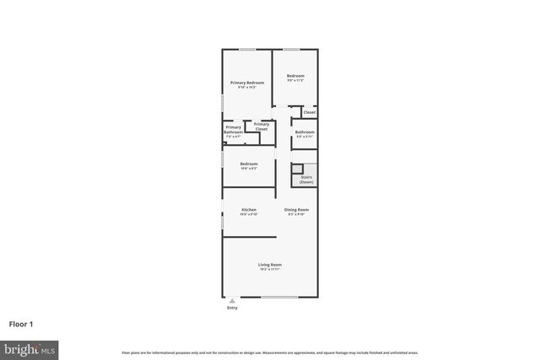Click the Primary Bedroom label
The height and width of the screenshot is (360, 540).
247,83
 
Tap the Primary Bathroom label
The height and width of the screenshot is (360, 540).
233,130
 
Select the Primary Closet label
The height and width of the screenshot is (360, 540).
262,127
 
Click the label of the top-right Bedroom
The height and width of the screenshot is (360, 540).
295,78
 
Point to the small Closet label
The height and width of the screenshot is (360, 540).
310,112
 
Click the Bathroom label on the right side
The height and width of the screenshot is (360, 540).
305,133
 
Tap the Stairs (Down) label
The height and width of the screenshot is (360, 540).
306,180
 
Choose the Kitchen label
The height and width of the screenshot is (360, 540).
249,211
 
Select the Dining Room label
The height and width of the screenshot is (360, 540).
296,211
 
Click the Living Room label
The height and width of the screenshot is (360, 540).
269,266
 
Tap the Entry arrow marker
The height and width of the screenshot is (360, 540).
232,301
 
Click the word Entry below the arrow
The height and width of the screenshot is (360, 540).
232,308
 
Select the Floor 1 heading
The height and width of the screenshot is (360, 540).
22,323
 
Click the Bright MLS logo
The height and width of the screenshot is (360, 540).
30,348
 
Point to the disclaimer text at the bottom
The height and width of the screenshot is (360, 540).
269,352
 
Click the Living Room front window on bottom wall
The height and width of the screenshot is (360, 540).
278,297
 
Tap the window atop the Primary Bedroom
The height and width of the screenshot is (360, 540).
248,49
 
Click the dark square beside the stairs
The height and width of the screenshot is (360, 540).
298,168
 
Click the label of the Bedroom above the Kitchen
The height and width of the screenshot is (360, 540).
248,165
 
